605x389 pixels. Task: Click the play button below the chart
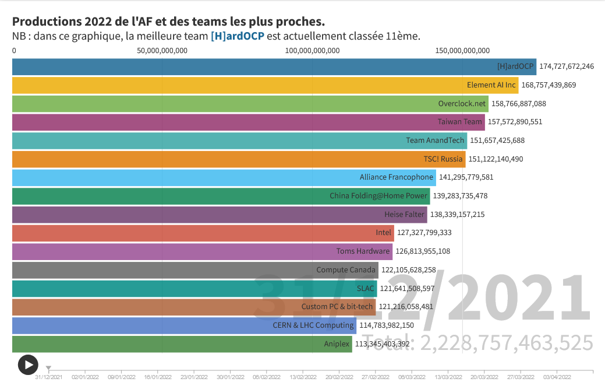point(28,365)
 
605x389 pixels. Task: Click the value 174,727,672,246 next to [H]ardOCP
point(567,66)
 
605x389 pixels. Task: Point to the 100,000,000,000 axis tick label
point(312,51)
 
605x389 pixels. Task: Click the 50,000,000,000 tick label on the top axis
point(162,51)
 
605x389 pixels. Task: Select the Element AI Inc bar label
point(491,85)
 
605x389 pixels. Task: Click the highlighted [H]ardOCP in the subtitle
point(238,36)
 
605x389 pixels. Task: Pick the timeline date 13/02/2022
point(303,377)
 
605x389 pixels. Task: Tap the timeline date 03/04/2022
point(557,377)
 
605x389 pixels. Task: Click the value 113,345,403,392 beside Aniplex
point(382,344)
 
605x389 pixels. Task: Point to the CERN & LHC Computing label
point(313,325)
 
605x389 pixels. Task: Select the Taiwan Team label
point(460,122)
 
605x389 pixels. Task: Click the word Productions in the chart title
point(46,22)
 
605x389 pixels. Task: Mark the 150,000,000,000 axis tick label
point(462,51)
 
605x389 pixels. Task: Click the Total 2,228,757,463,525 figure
point(477,343)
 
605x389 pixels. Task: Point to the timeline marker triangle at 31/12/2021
point(48,368)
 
